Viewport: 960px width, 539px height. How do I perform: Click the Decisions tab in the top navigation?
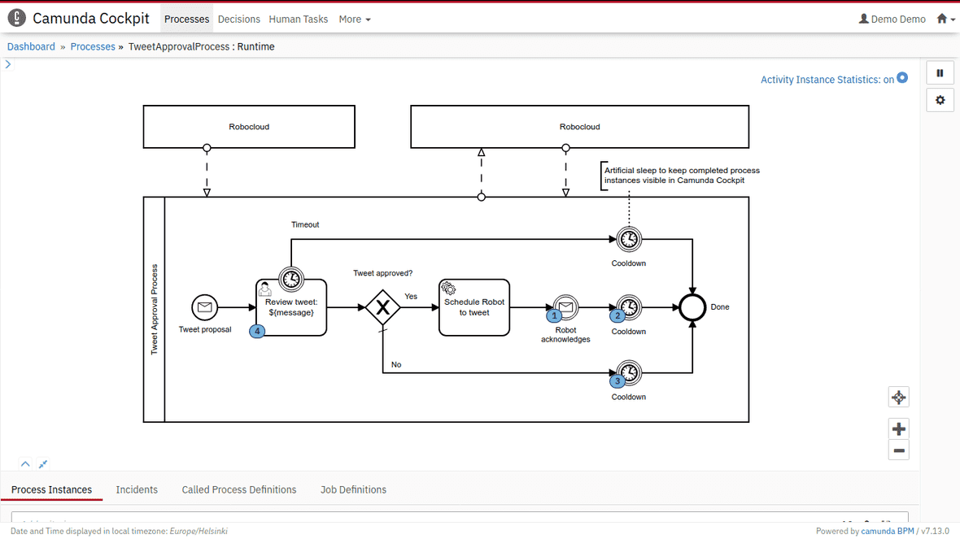click(x=238, y=19)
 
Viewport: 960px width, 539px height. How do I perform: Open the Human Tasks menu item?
click(x=298, y=19)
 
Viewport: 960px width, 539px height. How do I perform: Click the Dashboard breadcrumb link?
click(x=31, y=46)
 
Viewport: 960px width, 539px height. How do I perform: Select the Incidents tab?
click(x=137, y=489)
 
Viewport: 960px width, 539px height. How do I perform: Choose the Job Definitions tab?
click(x=353, y=489)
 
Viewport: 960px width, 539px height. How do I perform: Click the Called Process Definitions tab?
click(x=238, y=489)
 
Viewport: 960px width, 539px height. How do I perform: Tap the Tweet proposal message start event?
click(x=205, y=307)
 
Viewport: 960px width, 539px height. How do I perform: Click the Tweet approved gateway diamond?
click(x=382, y=307)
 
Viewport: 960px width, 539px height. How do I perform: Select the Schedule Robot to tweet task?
click(x=474, y=307)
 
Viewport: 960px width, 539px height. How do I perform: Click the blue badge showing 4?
click(x=257, y=331)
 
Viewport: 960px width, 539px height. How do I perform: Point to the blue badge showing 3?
click(x=617, y=380)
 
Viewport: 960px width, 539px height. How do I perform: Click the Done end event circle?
click(x=692, y=307)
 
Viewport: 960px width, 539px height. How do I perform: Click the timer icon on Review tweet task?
click(x=291, y=279)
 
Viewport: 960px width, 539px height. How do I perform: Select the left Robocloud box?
click(x=249, y=127)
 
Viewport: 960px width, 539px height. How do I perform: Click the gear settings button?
click(x=940, y=100)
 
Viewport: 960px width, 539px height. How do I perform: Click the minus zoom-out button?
click(x=898, y=450)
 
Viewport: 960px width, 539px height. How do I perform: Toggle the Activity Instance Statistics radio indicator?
click(x=902, y=78)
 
